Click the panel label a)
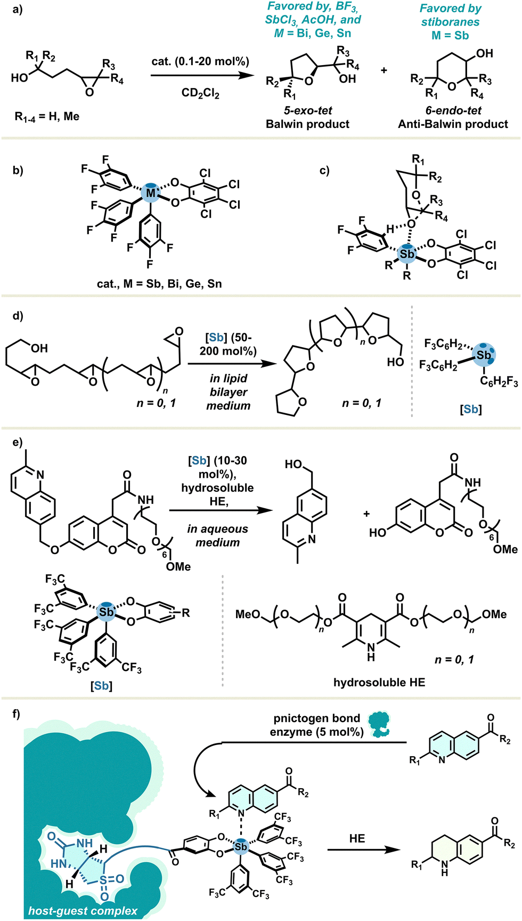(x=18, y=10)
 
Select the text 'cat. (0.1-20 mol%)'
(x=200, y=61)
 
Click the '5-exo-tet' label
(x=308, y=110)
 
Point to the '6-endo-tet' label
(x=453, y=110)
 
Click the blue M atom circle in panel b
(x=151, y=193)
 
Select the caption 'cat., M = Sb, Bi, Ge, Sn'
(x=159, y=284)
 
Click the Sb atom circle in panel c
(x=407, y=254)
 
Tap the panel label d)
(x=18, y=316)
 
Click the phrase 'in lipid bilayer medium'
(x=229, y=392)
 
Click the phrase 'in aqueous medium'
(x=217, y=535)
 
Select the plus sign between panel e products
(x=366, y=514)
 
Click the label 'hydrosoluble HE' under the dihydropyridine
(x=379, y=682)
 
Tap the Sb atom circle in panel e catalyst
(x=107, y=612)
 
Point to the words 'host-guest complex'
(x=83, y=911)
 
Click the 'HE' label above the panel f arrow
(x=357, y=838)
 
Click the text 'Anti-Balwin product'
(x=453, y=124)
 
